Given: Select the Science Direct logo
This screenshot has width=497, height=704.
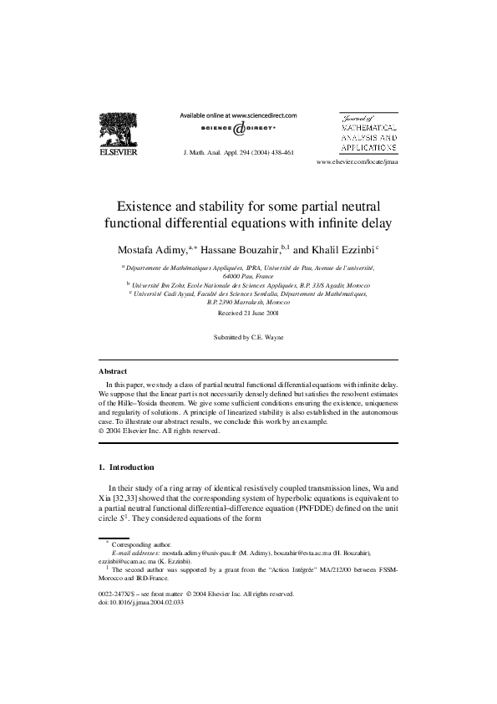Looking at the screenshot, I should [238, 130].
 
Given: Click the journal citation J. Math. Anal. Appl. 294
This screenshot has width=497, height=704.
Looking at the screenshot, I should [237, 154].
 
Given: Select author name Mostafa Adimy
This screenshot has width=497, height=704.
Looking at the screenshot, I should [153, 249].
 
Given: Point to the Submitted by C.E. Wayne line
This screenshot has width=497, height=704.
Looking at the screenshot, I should [248, 337].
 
